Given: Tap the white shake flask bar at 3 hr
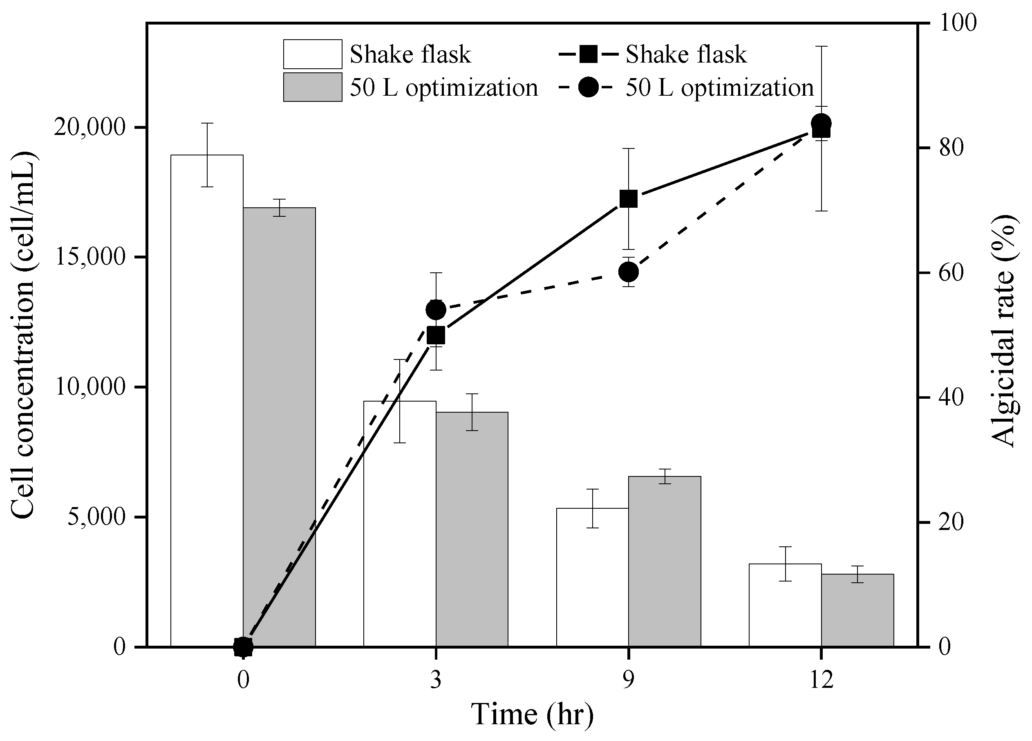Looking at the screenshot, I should click(x=399, y=523).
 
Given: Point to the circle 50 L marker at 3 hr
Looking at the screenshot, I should click(x=436, y=310).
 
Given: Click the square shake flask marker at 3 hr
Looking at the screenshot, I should click(x=436, y=335).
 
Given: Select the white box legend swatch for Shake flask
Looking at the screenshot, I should click(x=313, y=54).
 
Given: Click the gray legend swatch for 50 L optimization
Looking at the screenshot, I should click(x=313, y=87).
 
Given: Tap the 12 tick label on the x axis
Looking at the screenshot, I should click(x=822, y=680).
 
